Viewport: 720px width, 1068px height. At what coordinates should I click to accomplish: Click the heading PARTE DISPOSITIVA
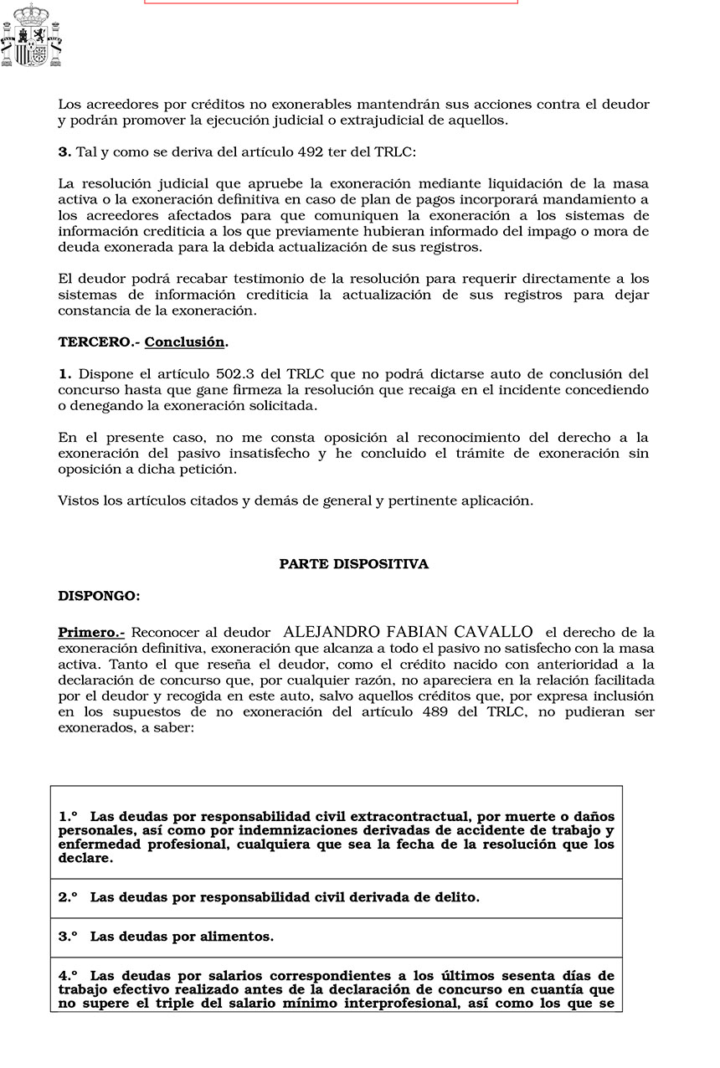coord(353,564)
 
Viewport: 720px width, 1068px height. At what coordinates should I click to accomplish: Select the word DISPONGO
coord(98,596)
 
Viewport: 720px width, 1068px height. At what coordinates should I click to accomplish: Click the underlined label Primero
coord(90,633)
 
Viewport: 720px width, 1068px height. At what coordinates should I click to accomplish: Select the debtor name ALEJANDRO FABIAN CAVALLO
coord(409,632)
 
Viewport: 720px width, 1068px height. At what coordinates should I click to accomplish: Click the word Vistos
coord(76,501)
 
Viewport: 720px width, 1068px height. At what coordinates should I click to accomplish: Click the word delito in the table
coord(456,897)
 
